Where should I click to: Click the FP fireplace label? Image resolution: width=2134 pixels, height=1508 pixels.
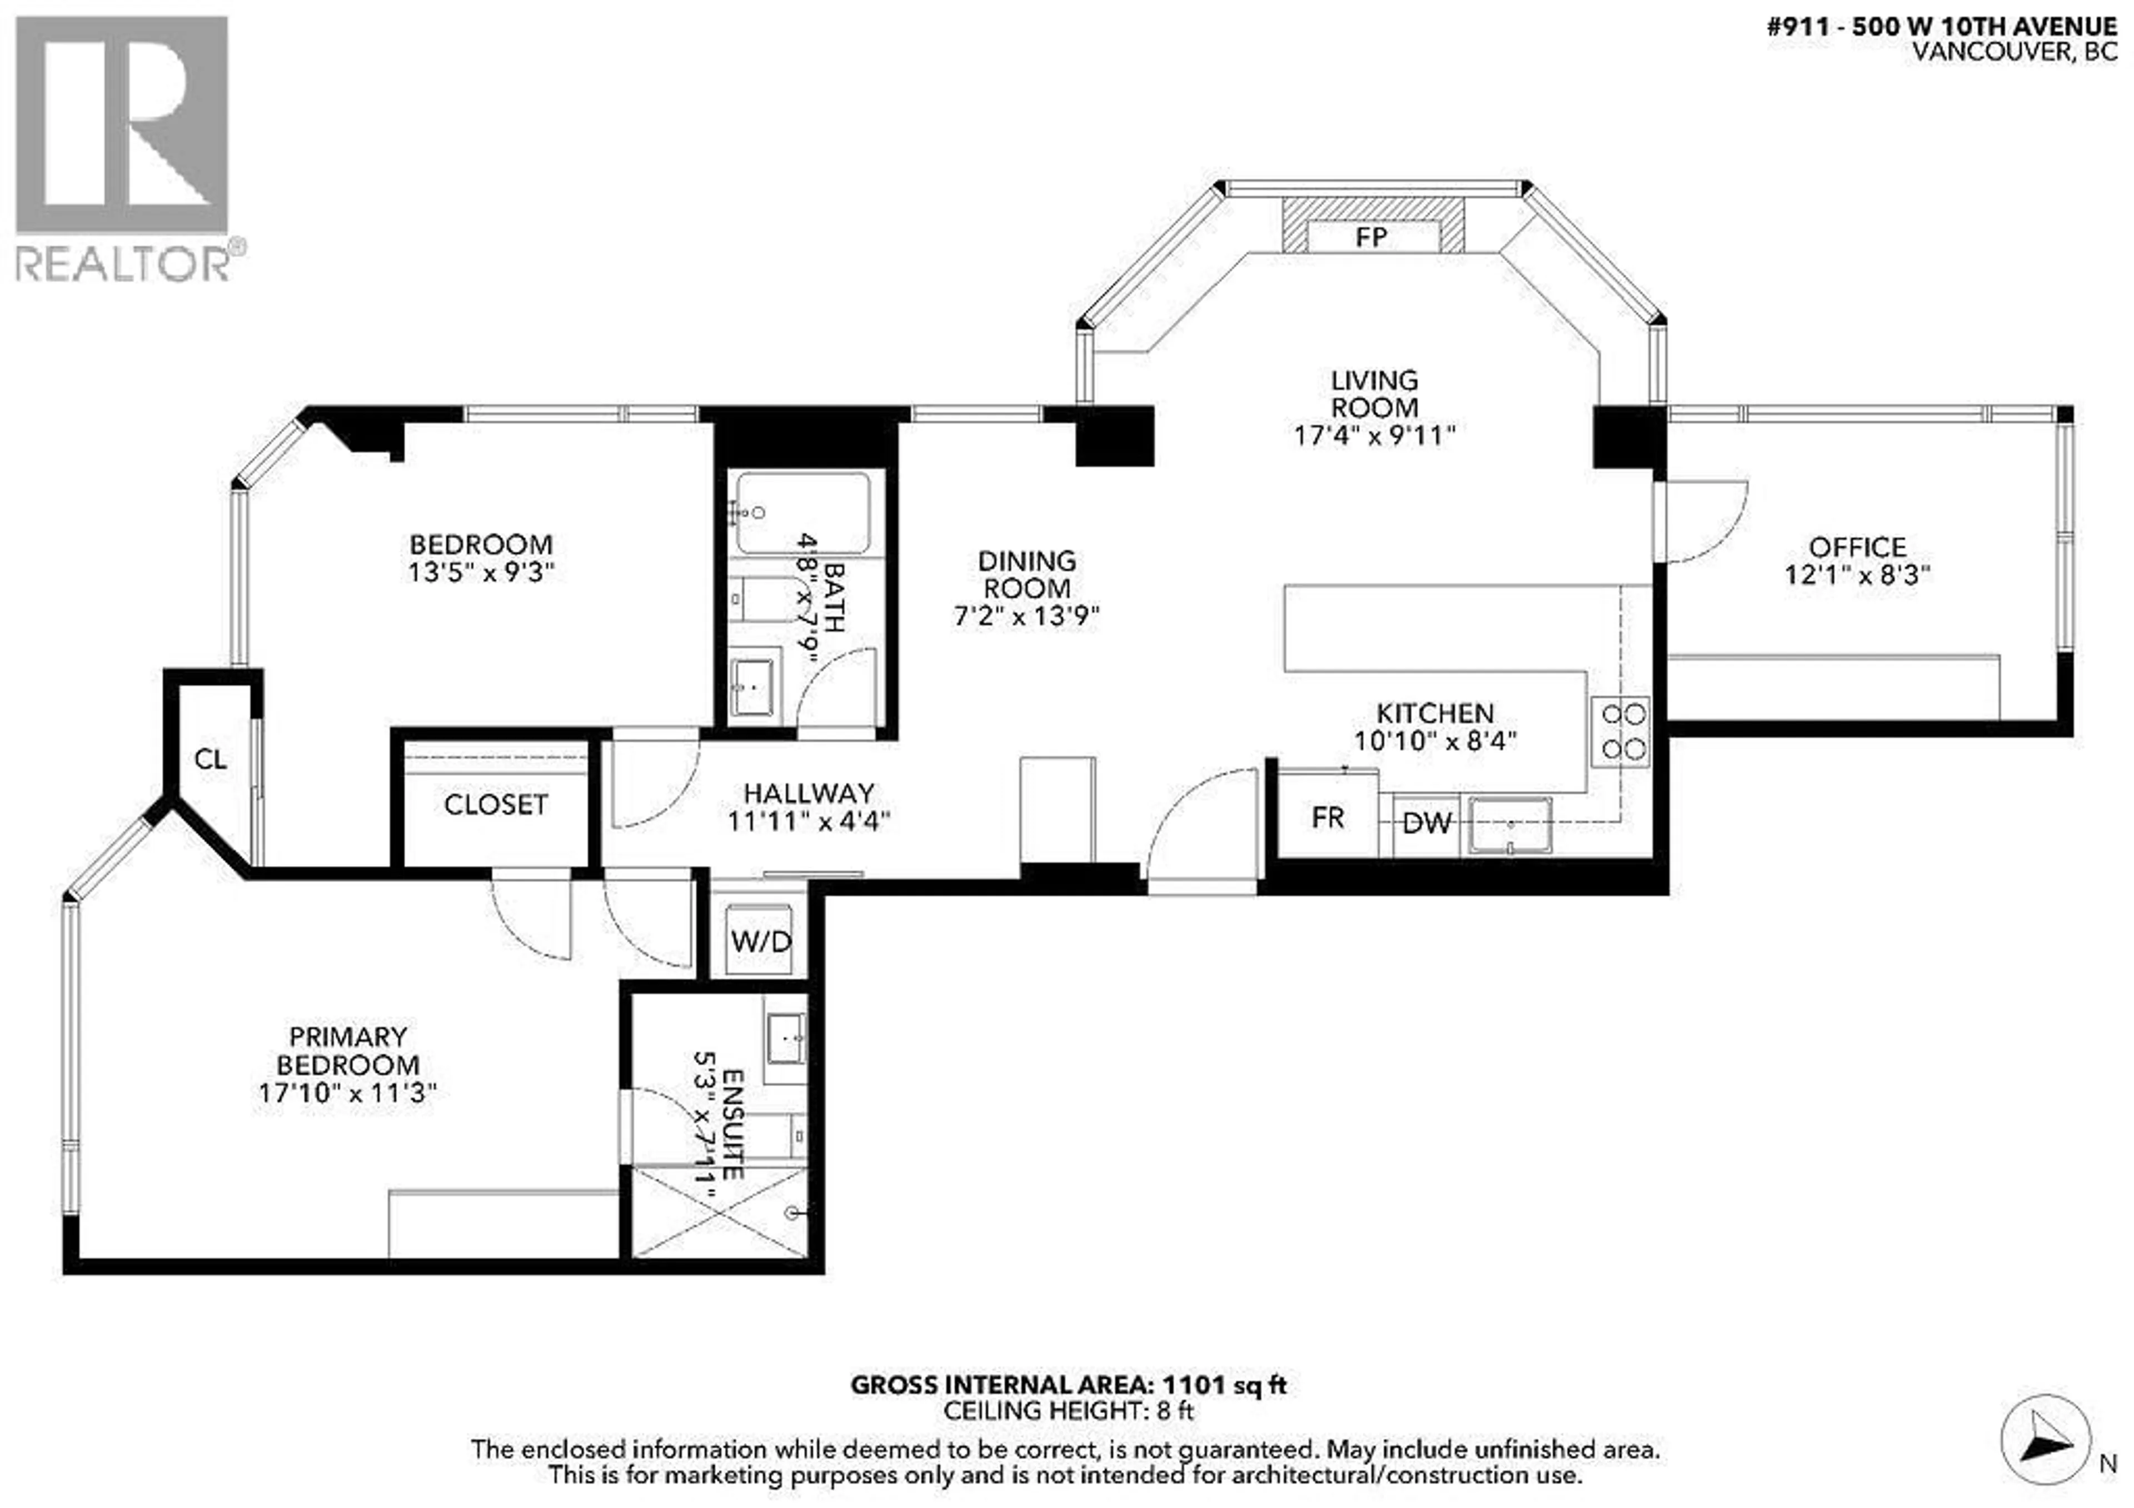pos(1371,238)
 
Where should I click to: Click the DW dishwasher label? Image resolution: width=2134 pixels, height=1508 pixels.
pos(1427,822)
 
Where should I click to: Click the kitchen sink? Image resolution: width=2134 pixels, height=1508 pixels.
pos(1510,825)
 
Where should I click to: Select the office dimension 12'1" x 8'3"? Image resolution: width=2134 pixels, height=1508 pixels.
pos(1857,575)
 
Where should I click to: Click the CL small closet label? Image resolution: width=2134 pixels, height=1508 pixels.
pos(210,760)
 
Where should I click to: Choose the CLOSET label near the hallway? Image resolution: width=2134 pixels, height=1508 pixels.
pos(495,805)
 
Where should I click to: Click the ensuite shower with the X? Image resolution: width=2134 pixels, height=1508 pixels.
pos(719,1213)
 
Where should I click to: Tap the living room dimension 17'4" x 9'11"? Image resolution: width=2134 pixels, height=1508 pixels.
pos(1374,435)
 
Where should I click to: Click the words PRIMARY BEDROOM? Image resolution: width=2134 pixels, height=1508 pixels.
pos(348,1051)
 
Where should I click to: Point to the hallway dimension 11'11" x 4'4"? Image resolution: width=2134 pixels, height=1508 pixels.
pos(809,821)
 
